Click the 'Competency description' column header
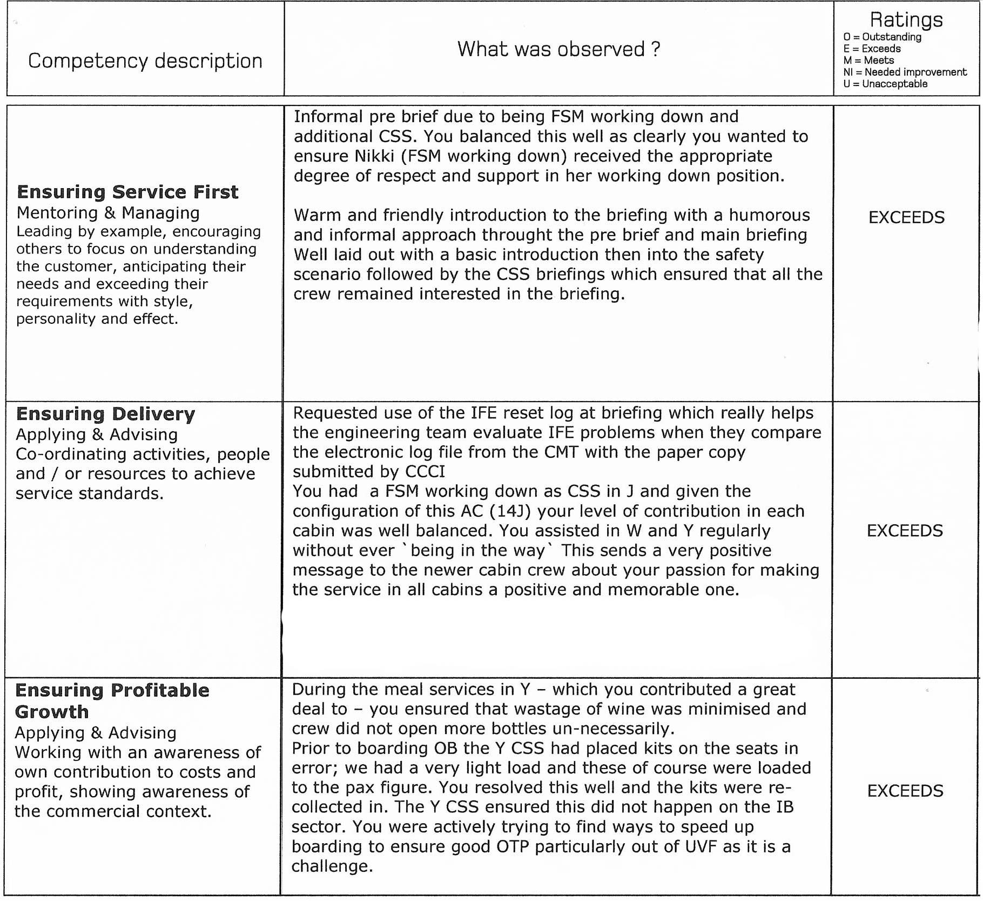pos(145,61)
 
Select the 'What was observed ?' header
pos(558,49)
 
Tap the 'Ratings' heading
pos(906,19)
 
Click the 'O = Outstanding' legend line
pos(882,37)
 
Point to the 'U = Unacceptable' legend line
pos(885,84)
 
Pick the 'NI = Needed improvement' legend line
pos(905,72)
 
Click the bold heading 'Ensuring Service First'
pos(127,192)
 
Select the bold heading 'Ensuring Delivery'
pos(105,414)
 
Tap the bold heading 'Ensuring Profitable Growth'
pos(112,700)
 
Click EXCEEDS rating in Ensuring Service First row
pos(906,217)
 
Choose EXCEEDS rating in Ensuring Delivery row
pos(905,530)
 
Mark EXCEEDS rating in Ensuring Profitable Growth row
pos(905,791)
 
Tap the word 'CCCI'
pos(425,471)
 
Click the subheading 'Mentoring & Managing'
pos(108,213)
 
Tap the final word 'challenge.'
pos(332,866)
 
